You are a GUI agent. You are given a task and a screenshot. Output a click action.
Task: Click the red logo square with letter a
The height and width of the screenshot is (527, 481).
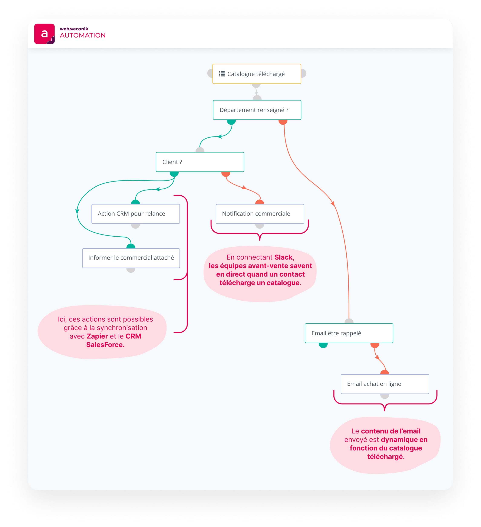(x=44, y=34)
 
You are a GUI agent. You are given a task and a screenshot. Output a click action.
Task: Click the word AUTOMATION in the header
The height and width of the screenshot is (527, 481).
(x=82, y=35)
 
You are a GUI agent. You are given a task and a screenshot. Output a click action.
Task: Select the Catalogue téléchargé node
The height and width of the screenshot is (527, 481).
(x=256, y=74)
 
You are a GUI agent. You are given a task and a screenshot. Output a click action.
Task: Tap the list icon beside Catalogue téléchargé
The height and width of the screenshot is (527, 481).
(x=221, y=74)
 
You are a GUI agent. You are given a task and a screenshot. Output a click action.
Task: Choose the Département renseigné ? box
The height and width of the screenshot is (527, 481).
(x=257, y=110)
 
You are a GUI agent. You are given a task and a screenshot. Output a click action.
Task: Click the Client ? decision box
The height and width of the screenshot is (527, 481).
(x=200, y=162)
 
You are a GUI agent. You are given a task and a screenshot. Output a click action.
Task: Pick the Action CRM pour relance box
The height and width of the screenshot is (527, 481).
(x=135, y=214)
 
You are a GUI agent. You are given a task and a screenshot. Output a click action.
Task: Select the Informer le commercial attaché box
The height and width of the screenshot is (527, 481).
(x=131, y=258)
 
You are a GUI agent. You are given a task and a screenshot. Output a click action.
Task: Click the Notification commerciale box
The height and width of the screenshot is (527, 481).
(x=260, y=214)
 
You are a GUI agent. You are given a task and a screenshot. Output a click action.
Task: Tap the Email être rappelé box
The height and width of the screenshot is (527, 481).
(x=349, y=333)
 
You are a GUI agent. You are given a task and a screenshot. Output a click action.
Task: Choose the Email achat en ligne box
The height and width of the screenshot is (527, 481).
(x=384, y=384)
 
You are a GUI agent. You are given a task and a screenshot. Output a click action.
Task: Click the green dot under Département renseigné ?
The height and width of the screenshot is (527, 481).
(x=231, y=122)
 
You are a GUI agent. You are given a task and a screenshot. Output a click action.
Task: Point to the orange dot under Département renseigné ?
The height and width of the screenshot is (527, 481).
(x=283, y=122)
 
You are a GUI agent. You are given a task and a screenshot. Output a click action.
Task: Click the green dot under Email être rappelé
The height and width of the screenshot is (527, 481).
(x=323, y=345)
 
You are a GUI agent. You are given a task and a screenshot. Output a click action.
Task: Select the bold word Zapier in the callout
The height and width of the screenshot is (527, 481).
(x=97, y=336)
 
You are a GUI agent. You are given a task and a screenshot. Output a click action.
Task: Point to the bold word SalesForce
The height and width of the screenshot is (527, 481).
(x=105, y=345)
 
